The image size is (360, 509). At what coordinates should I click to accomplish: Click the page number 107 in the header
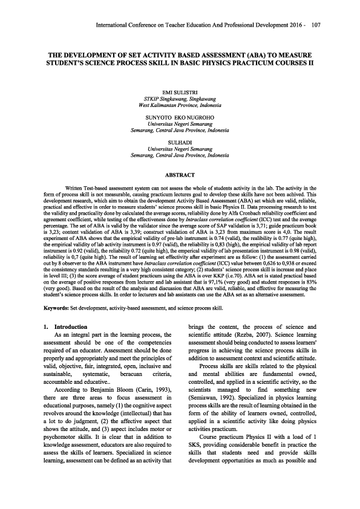click(x=316, y=25)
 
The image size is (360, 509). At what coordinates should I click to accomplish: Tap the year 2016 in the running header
click(x=293, y=25)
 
